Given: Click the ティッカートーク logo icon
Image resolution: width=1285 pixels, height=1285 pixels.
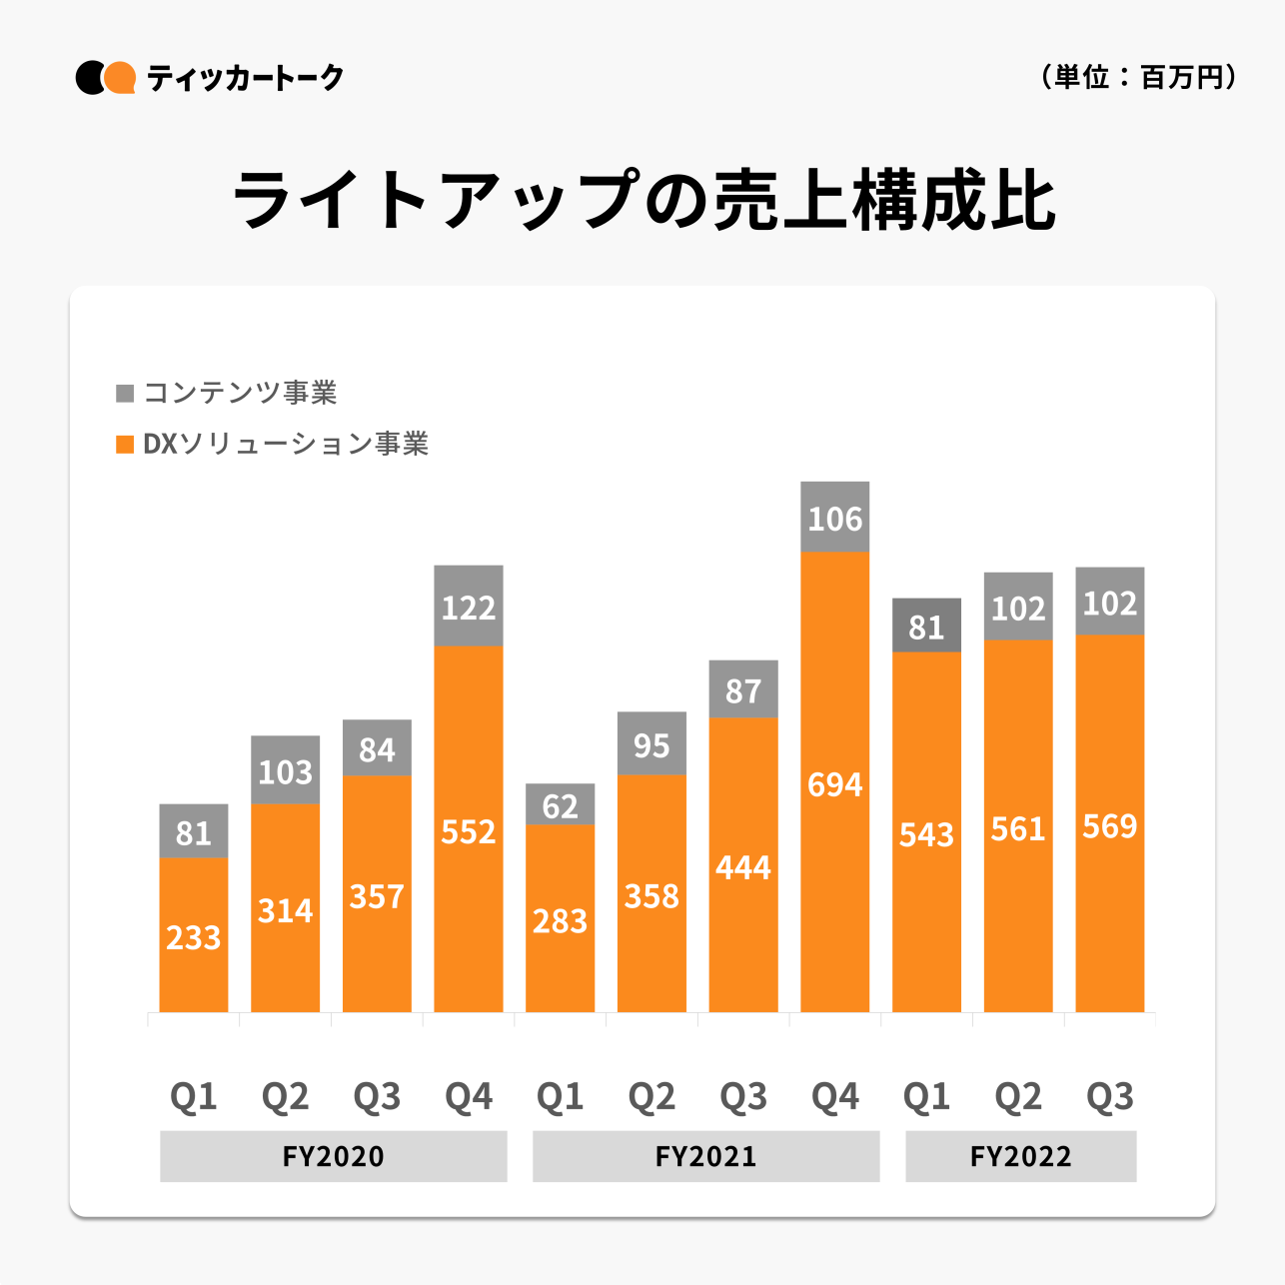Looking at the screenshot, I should pos(105,78).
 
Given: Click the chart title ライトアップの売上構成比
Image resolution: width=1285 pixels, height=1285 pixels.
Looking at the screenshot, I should pos(642,199).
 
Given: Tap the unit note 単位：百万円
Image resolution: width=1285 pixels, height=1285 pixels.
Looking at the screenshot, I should pos(1138,77).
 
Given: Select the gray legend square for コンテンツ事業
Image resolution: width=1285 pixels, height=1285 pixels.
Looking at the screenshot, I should pos(125,393).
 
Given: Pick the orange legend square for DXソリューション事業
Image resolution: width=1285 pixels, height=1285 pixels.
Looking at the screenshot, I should pos(125,444).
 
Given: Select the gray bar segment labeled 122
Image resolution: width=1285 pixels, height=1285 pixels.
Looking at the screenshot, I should pos(469,606).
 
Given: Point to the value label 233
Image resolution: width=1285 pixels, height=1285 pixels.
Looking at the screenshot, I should pos(193,937).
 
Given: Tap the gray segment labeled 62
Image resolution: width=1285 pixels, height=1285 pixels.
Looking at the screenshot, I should pos(560,804).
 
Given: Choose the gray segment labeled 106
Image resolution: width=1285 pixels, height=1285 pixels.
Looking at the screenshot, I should pos(834,517).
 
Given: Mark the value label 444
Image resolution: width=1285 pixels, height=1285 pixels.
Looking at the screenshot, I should pos(743,867).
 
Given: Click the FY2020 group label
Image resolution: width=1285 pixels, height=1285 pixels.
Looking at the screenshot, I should pos(333,1156).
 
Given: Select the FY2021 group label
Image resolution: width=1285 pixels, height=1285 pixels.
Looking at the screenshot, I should pos(705,1156).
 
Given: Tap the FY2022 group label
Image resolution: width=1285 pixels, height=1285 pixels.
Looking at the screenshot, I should pos(1020,1156).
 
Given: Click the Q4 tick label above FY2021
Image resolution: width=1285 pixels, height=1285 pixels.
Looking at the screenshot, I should pos(834,1097).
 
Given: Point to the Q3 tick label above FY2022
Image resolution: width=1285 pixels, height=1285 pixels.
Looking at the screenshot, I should pos(1109,1097).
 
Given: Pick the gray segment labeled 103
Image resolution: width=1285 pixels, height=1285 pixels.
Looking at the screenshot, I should pos(285,770).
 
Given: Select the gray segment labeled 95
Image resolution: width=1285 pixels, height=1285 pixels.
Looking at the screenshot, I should pos(651,743).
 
